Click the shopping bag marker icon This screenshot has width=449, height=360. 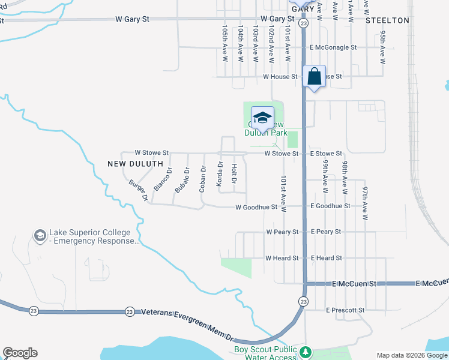[x=315, y=77]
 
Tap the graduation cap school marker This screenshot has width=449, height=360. [x=262, y=118]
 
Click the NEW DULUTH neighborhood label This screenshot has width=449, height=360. [x=135, y=163]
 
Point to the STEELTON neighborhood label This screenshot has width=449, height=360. [x=387, y=20]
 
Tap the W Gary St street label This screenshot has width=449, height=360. [x=132, y=19]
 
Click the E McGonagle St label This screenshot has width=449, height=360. [x=333, y=47]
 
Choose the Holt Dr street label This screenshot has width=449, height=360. [x=234, y=174]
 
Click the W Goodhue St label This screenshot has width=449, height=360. [x=256, y=208]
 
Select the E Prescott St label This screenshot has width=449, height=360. [x=345, y=310]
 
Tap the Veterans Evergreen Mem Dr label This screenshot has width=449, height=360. [x=187, y=313]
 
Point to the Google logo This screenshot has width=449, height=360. [x=20, y=353]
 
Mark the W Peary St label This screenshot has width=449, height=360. [x=282, y=232]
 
